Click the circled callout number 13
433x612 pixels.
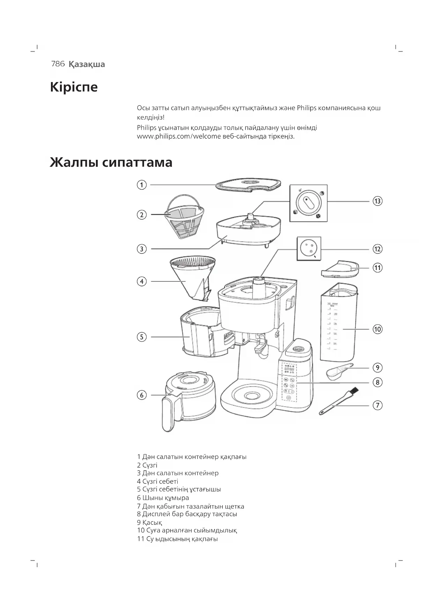377,201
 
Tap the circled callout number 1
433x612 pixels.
141,185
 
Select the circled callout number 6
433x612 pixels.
141,395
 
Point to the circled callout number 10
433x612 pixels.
377,329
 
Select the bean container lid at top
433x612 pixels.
248,184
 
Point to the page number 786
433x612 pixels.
58,64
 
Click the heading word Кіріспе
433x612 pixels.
74,87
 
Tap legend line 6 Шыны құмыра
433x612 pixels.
163,498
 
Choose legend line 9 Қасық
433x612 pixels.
149,522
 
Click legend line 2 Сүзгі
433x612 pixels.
147,465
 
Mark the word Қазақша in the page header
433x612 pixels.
87,64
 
